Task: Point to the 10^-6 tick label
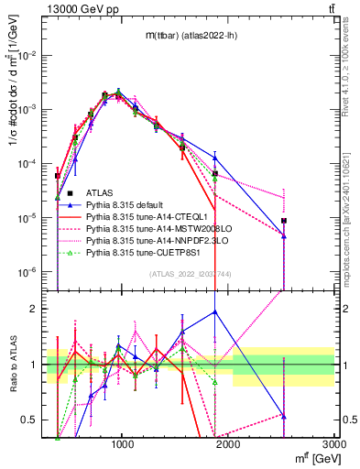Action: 27,272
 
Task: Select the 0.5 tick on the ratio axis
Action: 31,420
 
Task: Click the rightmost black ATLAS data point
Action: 284,221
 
